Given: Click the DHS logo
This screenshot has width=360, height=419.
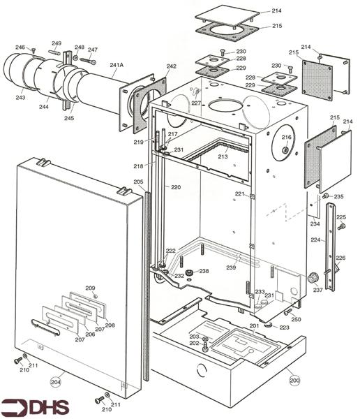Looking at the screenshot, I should (28, 406).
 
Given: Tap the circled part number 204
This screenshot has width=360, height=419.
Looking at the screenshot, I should (56, 381).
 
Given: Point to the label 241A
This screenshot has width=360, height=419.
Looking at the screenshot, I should (117, 65).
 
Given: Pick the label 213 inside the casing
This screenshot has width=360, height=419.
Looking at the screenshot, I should (223, 157).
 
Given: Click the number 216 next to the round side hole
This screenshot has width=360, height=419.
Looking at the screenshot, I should (286, 138).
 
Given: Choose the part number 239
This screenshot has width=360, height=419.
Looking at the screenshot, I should (230, 267).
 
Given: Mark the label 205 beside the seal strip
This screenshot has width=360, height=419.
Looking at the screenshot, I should (138, 182).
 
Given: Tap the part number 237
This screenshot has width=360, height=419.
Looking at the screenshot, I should (318, 290).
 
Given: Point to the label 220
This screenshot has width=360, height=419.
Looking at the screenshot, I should (175, 187).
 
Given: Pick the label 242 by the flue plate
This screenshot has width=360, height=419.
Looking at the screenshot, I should (172, 66).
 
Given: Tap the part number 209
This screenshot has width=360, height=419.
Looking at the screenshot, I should (90, 288).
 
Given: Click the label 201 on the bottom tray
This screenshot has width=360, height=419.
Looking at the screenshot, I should (254, 325).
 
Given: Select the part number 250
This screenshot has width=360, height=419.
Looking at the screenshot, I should (296, 319).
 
